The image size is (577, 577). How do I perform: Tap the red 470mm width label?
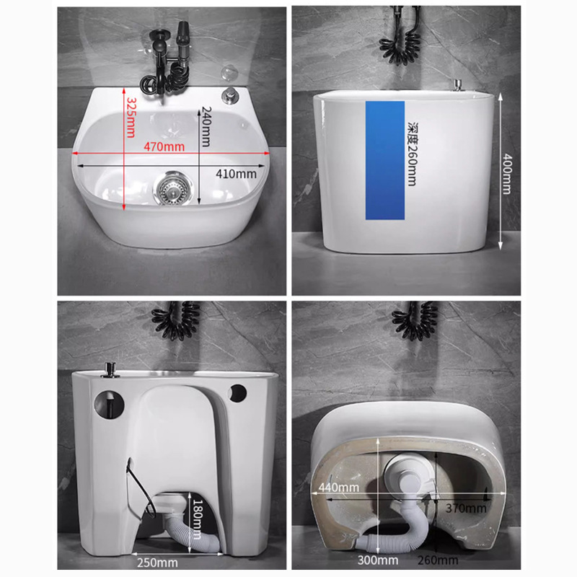[164, 147]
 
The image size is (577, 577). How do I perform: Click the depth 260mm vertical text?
[411, 153]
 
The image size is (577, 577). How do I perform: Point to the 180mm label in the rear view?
[196, 512]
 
